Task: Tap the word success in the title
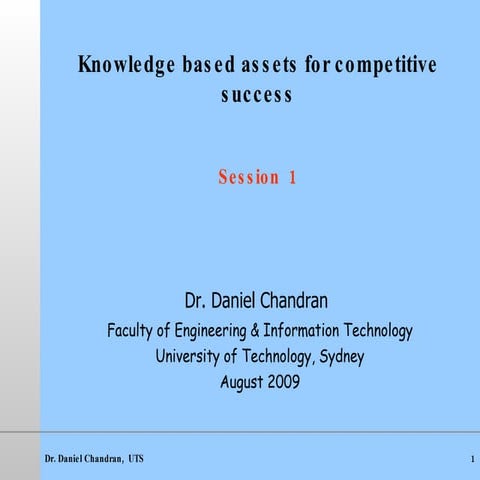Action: [x=257, y=95]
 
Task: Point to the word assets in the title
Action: [x=266, y=67]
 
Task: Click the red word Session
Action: [x=249, y=178]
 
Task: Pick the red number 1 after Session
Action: [x=292, y=178]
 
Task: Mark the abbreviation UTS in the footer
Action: [x=136, y=458]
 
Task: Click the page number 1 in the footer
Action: [x=470, y=458]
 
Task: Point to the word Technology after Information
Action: [x=378, y=331]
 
